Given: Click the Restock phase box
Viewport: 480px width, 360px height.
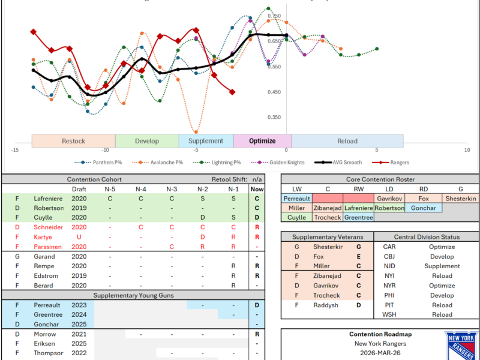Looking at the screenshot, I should click(73, 141).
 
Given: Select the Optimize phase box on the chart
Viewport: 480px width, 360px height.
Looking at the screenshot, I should click(262, 141).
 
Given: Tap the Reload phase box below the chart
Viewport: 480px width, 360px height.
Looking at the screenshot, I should click(347, 141).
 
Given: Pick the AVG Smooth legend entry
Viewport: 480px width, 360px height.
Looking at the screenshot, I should click(341, 162).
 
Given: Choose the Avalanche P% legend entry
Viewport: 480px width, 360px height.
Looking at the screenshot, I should click(158, 162).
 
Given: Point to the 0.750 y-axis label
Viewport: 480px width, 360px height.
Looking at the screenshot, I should click(274, 16).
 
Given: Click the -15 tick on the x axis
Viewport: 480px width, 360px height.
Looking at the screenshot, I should click(15, 150).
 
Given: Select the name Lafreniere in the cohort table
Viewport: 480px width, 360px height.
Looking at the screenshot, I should click(48, 199).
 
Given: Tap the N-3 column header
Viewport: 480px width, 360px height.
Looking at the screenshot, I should click(172, 189).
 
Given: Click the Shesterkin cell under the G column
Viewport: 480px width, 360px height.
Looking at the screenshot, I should click(460, 198).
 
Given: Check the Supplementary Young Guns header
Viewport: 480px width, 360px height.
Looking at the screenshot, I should click(125, 295).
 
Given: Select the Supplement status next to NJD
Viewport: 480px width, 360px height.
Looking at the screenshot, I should click(442, 266).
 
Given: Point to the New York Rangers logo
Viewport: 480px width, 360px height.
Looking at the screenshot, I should click(461, 345).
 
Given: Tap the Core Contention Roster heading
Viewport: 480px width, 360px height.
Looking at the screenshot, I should click(379, 179).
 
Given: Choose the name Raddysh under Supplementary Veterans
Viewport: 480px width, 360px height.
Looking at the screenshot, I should click(326, 305).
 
